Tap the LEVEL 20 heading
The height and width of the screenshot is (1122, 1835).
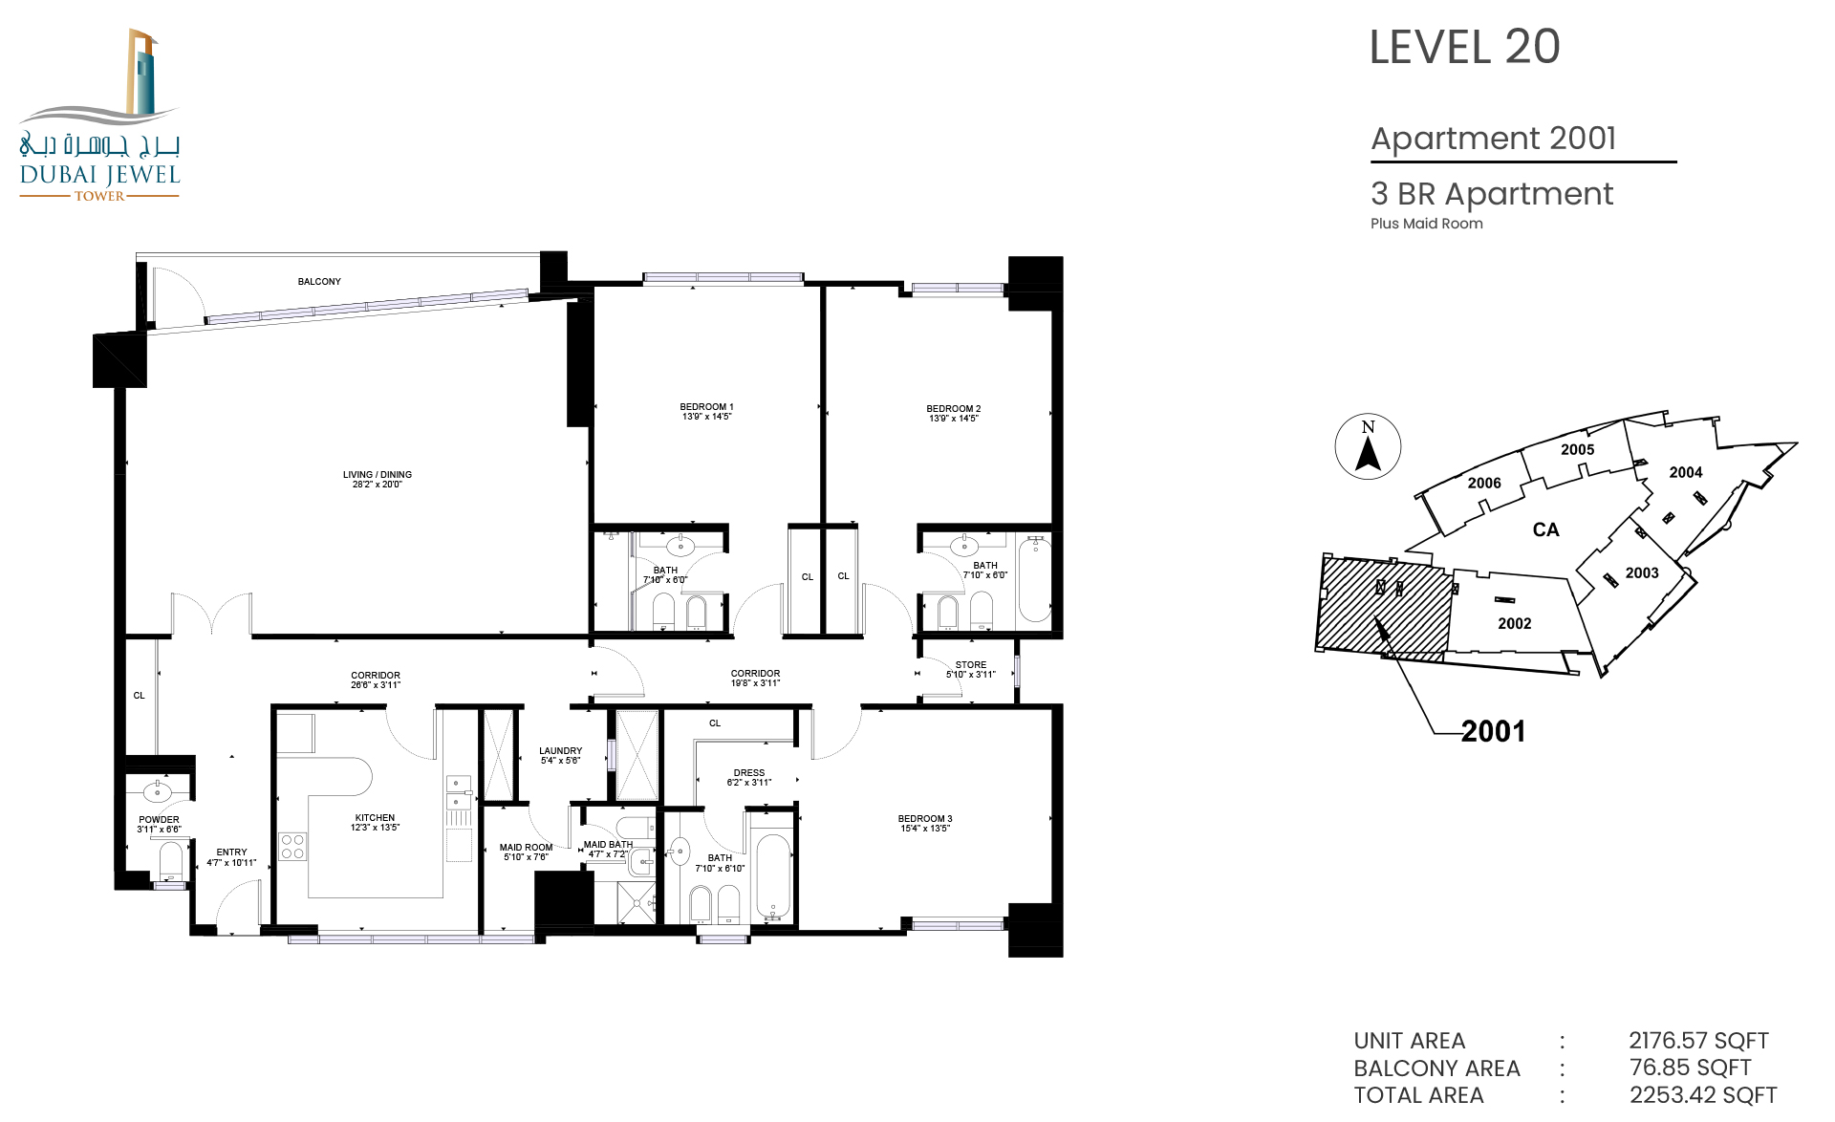click(1464, 47)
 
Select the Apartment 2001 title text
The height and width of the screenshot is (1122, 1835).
click(1493, 139)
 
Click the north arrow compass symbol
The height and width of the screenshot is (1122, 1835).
click(1368, 446)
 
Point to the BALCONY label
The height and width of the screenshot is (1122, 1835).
click(319, 282)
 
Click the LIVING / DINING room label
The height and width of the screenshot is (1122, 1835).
click(378, 479)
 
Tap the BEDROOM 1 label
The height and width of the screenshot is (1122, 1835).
click(706, 412)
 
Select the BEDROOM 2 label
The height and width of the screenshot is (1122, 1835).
click(953, 414)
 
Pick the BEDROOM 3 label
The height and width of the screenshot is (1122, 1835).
click(925, 824)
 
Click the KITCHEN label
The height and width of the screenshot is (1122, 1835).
click(375, 823)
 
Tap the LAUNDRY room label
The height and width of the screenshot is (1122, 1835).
click(560, 756)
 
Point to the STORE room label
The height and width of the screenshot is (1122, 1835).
click(971, 669)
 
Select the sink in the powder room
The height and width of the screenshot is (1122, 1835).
click(157, 791)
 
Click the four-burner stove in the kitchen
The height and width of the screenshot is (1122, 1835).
click(292, 847)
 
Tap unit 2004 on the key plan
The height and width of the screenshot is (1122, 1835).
click(1686, 472)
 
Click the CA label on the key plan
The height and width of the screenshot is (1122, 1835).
click(1545, 529)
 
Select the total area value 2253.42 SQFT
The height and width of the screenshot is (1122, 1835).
click(1703, 1095)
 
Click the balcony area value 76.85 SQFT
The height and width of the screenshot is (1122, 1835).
click(1690, 1068)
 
